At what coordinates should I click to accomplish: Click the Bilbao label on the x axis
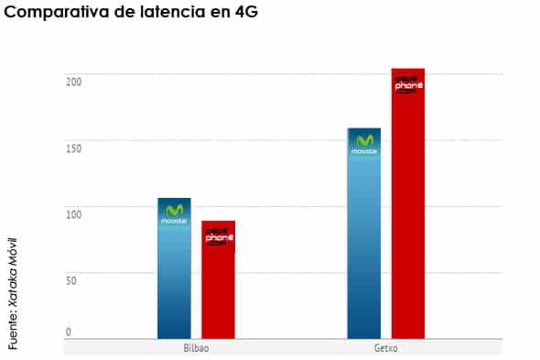(x=196, y=349)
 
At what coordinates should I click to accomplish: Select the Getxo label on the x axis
(x=385, y=349)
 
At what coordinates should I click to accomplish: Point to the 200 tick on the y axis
(x=73, y=82)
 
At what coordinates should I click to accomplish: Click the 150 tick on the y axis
(x=73, y=147)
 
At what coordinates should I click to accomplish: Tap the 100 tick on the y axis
(x=73, y=213)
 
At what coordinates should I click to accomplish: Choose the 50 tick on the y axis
(x=70, y=279)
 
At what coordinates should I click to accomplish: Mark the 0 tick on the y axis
(x=68, y=332)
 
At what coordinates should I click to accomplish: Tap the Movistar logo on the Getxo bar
(x=364, y=145)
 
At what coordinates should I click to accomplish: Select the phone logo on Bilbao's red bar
(x=218, y=236)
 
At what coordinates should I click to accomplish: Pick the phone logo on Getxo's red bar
(x=407, y=84)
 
